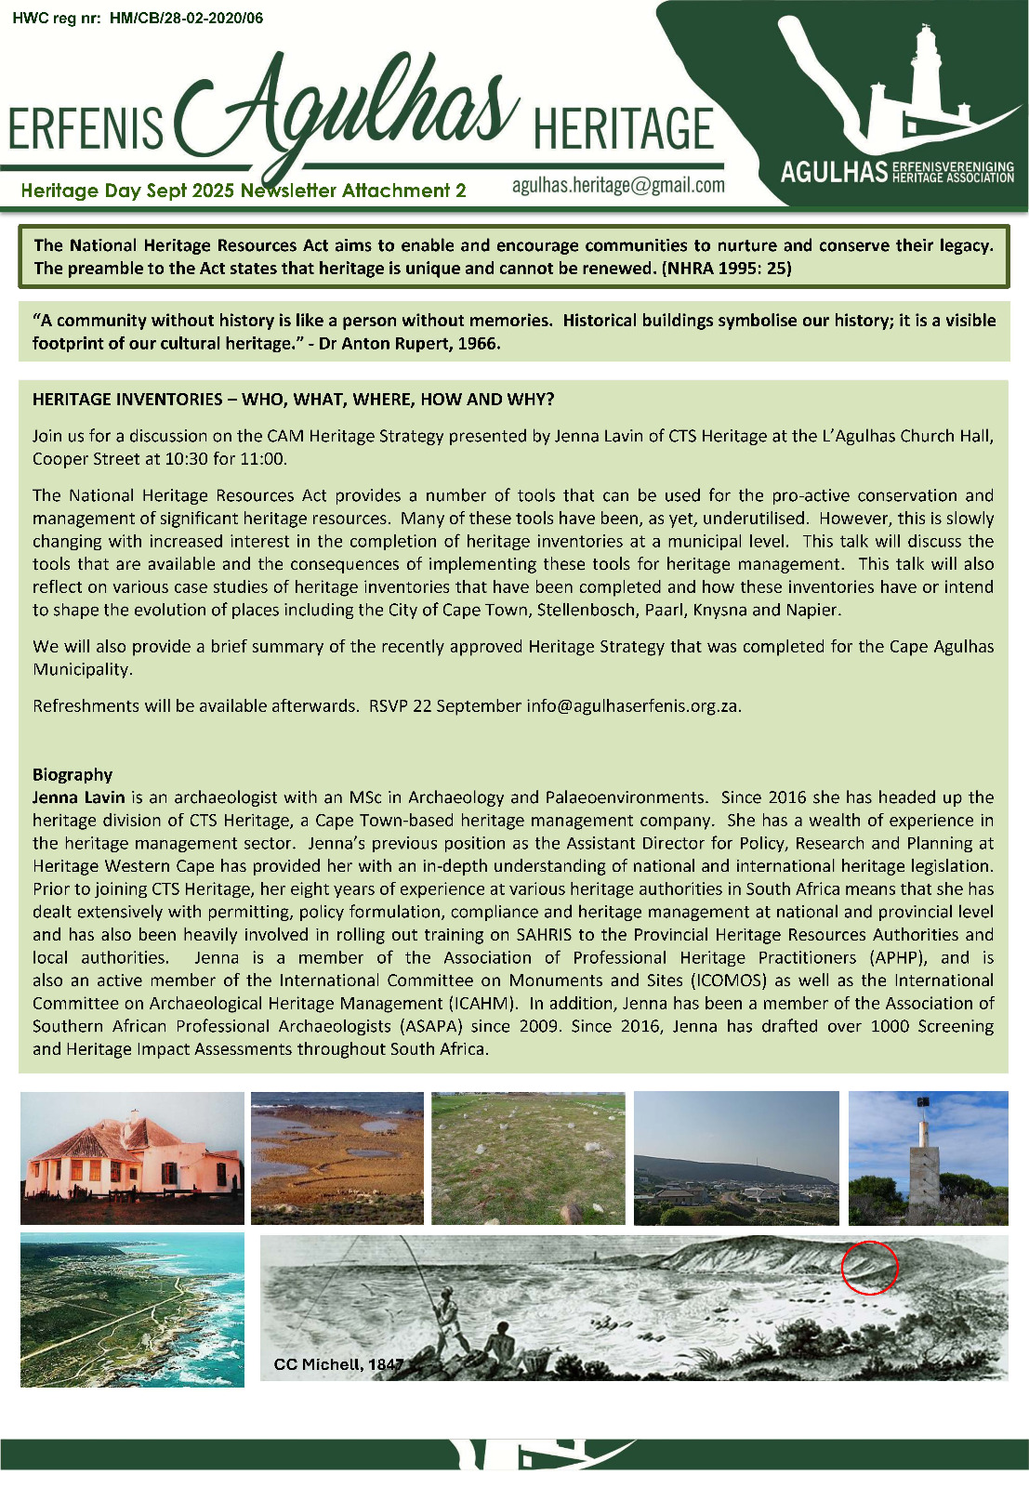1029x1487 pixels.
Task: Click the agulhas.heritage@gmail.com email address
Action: coord(618,185)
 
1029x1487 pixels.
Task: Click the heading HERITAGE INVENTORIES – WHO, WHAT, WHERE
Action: coord(293,400)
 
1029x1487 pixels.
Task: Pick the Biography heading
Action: coord(73,774)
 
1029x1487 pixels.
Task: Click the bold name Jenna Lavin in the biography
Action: coord(78,797)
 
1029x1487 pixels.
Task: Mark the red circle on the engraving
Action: coord(869,1267)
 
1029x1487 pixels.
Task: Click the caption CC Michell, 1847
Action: coord(338,1364)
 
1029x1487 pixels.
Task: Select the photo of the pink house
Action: coord(132,1158)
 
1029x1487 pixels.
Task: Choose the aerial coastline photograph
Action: coord(132,1309)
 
